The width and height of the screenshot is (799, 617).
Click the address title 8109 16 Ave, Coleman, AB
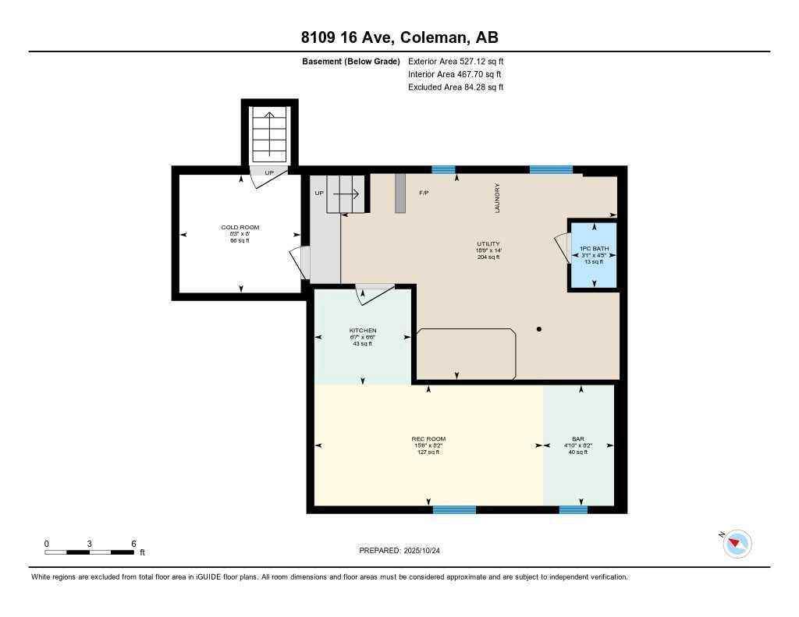(399, 37)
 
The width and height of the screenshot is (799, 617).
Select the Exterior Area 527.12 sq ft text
(456, 61)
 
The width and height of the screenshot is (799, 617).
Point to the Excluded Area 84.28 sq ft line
(456, 87)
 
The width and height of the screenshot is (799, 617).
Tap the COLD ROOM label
(240, 228)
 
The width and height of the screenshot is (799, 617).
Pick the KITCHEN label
(362, 331)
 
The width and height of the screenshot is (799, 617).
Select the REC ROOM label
(428, 439)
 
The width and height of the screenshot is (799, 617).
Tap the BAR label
(577, 439)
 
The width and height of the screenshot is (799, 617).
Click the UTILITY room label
(488, 244)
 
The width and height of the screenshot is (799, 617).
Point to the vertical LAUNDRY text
(497, 198)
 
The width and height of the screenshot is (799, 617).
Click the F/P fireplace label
(424, 193)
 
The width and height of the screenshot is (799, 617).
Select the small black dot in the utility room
(539, 329)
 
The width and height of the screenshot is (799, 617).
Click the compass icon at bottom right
(737, 544)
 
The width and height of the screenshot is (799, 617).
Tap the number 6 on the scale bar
(133, 544)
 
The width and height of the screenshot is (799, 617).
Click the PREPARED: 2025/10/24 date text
(404, 551)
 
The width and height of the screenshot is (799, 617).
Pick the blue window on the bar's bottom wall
(573, 509)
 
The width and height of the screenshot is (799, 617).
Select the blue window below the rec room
(454, 509)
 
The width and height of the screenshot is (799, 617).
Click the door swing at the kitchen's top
(374, 293)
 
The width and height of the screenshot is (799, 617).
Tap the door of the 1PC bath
(562, 249)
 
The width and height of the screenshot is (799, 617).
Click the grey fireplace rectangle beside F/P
(400, 193)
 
